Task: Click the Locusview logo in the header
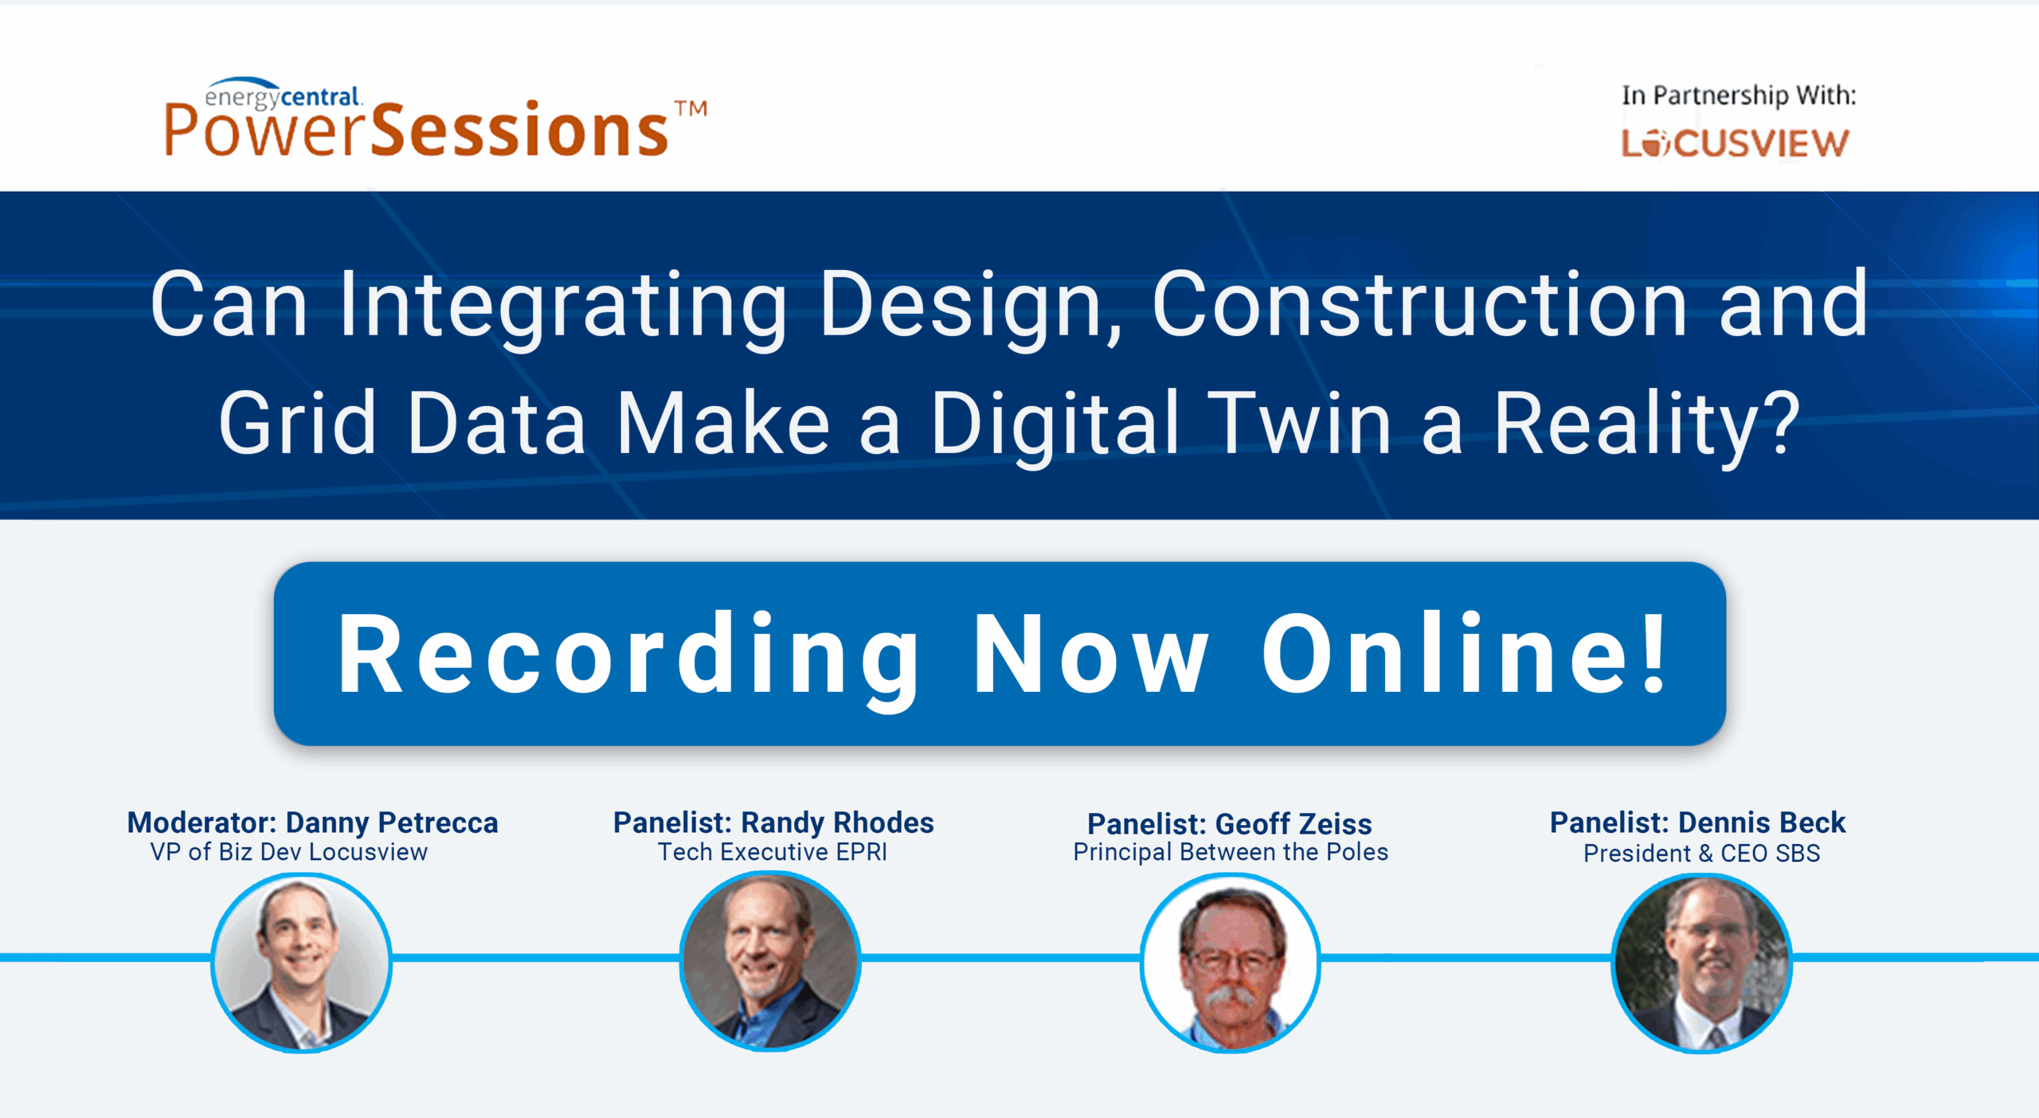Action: click(x=1735, y=143)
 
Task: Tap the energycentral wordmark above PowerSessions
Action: click(x=283, y=95)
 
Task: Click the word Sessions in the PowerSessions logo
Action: click(x=520, y=131)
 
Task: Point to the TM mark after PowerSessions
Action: click(x=691, y=108)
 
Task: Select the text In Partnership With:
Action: click(x=1739, y=96)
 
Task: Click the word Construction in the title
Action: click(x=1419, y=304)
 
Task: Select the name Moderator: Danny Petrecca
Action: click(x=313, y=823)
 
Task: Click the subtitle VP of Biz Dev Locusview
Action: click(x=289, y=852)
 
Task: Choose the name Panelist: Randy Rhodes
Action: click(x=773, y=823)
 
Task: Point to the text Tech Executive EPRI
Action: click(x=773, y=852)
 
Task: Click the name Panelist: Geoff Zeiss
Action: click(x=1230, y=824)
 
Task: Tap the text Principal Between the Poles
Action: click(x=1231, y=853)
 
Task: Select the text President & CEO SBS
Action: click(x=1701, y=854)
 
